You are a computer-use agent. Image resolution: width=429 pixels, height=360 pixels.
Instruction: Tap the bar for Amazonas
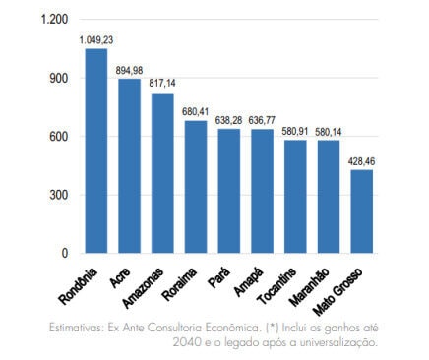coord(162,173)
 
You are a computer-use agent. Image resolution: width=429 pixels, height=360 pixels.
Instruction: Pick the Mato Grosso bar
coord(362,210)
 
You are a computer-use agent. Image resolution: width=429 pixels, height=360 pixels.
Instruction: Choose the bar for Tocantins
coord(295,196)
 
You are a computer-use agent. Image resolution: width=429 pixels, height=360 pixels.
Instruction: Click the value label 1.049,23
coord(96,39)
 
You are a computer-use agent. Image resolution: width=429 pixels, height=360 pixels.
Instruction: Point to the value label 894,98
coord(129,69)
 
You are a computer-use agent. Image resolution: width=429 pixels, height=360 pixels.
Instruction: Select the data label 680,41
coord(196,111)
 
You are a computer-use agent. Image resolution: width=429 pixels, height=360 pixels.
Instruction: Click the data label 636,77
coord(263,119)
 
